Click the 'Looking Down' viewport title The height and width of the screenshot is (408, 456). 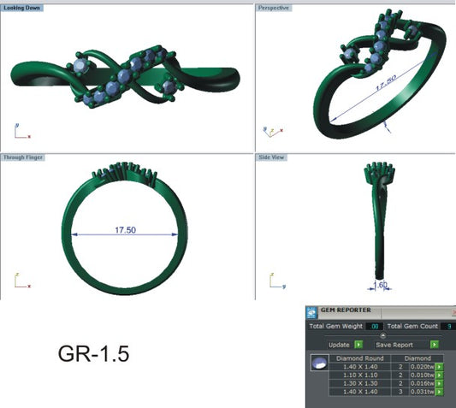pyautogui.click(x=23, y=7)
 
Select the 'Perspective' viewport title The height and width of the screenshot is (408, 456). pyautogui.click(x=274, y=7)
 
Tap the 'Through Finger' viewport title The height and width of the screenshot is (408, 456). pyautogui.click(x=25, y=157)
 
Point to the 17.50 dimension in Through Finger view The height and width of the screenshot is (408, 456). pyautogui.click(x=127, y=229)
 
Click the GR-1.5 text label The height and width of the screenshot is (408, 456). pyautogui.click(x=94, y=353)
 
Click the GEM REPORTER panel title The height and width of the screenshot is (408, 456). pyautogui.click(x=347, y=310)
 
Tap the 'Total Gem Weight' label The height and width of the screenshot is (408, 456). pyautogui.click(x=336, y=326)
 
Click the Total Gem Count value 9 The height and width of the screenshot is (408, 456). pyautogui.click(x=448, y=326)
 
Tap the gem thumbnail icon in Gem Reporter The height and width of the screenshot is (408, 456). pyautogui.click(x=319, y=365)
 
